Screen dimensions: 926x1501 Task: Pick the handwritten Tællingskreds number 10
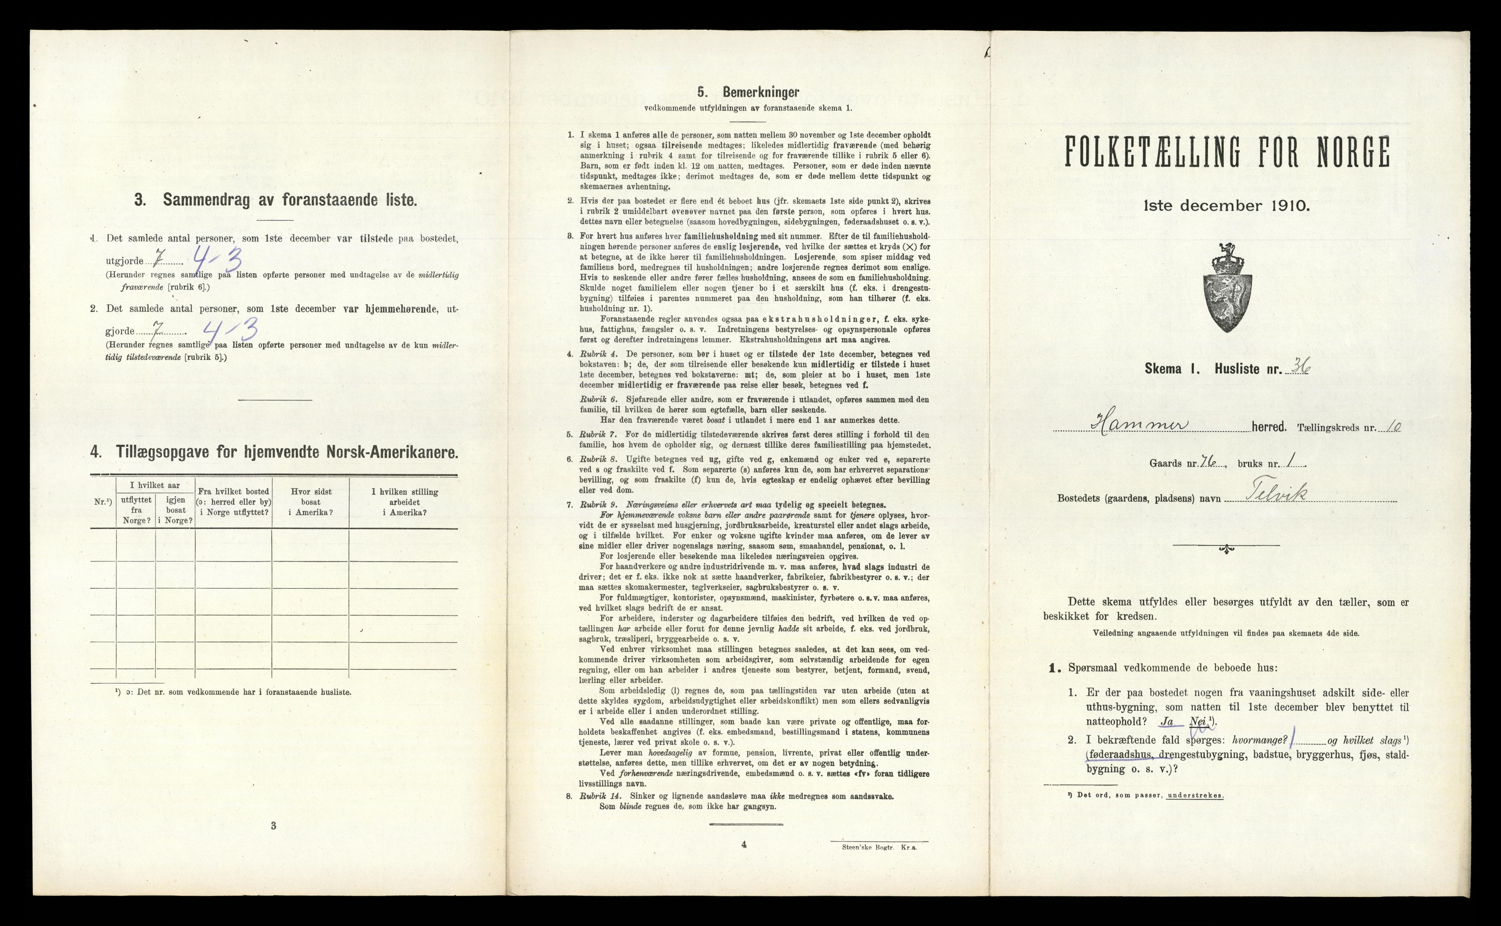click(1392, 427)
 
